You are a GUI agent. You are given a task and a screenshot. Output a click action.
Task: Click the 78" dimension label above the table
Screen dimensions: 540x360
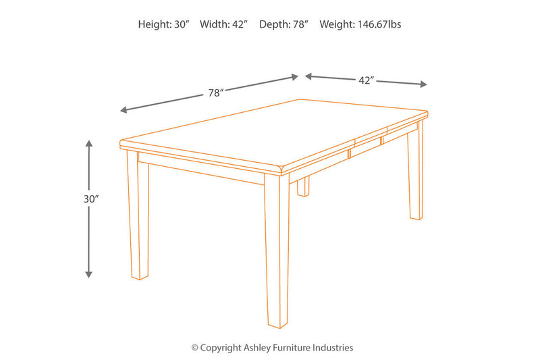(216, 93)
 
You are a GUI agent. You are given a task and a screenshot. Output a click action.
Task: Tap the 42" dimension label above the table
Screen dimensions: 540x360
(366, 80)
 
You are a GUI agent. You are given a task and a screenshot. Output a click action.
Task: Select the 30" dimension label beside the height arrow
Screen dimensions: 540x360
(91, 199)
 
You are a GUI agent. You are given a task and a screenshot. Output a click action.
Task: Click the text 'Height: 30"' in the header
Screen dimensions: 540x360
(163, 24)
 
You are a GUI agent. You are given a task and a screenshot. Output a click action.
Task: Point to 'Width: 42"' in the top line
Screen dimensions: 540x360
(223, 24)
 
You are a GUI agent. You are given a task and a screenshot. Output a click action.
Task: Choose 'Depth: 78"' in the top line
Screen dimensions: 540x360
(283, 24)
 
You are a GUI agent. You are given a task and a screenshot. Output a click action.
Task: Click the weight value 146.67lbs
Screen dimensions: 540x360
(379, 24)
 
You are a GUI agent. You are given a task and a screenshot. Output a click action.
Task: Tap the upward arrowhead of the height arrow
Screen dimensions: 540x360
(89, 144)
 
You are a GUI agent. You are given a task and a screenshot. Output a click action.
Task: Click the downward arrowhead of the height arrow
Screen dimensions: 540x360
(89, 274)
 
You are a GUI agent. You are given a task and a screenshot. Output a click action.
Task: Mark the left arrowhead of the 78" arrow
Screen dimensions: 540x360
(124, 109)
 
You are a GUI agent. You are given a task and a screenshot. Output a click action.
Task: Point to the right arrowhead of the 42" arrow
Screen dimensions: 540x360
(423, 84)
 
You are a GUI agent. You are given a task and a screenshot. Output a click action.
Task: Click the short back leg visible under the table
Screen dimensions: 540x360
(303, 186)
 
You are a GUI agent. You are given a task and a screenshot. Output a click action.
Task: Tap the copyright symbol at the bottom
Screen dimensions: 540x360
(195, 348)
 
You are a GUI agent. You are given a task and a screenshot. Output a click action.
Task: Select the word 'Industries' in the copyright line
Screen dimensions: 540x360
(333, 348)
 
